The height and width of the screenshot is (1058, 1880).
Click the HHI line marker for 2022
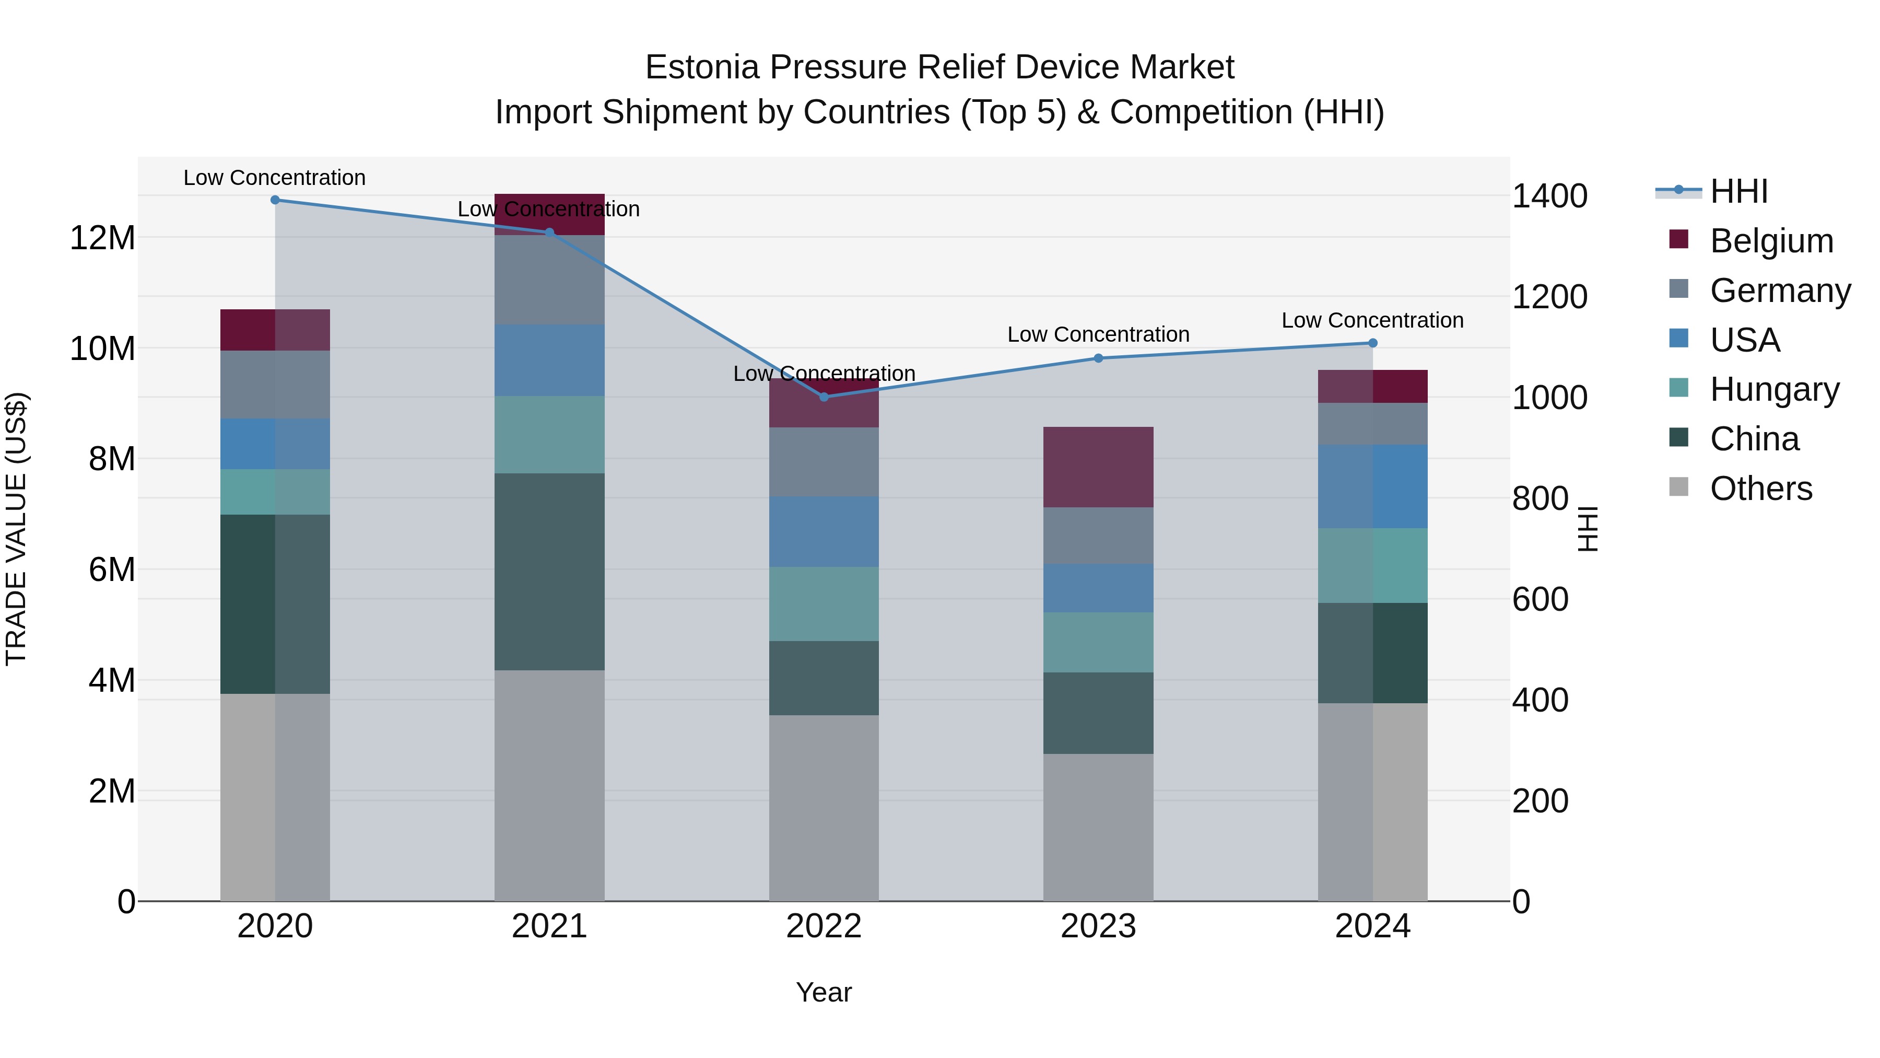coord(824,397)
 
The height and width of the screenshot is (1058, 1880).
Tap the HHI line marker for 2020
coord(275,200)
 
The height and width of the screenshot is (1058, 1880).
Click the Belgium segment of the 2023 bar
coord(1098,467)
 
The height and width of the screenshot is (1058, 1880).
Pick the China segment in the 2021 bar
coord(549,572)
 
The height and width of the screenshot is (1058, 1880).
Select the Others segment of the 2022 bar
coord(824,808)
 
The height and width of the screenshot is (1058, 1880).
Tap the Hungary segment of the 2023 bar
coord(1098,643)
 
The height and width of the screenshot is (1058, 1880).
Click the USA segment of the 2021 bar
coord(549,361)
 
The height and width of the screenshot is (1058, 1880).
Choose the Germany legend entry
coord(1779,290)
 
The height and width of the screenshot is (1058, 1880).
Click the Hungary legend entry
coord(1773,389)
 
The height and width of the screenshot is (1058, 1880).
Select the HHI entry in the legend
coord(1738,191)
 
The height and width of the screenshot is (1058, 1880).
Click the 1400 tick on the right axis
coord(1549,196)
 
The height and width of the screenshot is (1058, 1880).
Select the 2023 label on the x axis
coord(1098,926)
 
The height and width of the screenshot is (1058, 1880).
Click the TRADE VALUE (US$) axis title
coord(16,529)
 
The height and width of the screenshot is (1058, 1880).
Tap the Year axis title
coord(824,992)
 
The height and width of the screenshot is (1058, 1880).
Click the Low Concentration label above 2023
coord(1098,334)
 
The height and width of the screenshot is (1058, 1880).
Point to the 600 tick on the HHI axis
coord(1540,599)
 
